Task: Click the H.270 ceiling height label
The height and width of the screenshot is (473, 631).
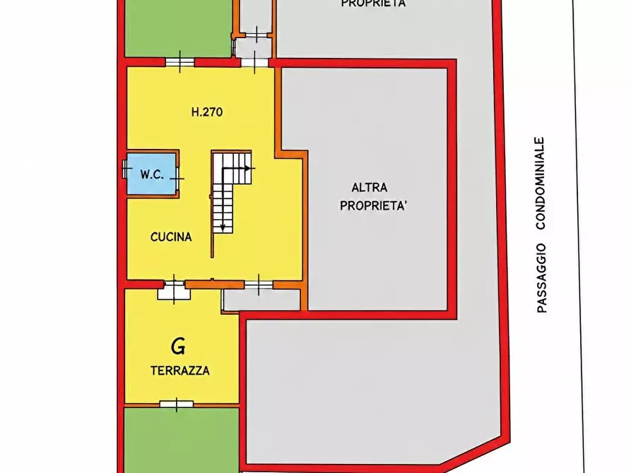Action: (x=207, y=112)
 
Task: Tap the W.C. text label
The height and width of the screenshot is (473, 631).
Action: (x=152, y=174)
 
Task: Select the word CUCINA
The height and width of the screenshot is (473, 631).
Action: (x=171, y=237)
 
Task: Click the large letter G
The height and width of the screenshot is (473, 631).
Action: (x=178, y=347)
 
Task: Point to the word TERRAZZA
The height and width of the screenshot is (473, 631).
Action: (x=180, y=371)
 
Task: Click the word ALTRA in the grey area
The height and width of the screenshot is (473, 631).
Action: (x=370, y=187)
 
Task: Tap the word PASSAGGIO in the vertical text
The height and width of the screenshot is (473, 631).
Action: (x=541, y=278)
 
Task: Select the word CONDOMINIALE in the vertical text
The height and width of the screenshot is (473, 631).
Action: (x=540, y=184)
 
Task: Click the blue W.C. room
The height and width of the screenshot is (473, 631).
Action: (x=151, y=174)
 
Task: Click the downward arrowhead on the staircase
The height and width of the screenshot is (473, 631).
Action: (x=223, y=228)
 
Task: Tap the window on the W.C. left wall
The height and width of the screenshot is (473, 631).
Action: (x=125, y=169)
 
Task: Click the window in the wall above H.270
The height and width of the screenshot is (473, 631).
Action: (x=180, y=62)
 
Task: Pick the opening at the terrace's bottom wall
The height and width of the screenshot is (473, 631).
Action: (x=176, y=404)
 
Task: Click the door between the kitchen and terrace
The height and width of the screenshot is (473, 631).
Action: (x=174, y=289)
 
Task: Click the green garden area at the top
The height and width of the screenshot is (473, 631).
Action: (x=178, y=28)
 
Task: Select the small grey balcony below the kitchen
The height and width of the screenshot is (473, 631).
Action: (x=262, y=300)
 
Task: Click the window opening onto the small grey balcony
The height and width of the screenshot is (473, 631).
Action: (x=259, y=285)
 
